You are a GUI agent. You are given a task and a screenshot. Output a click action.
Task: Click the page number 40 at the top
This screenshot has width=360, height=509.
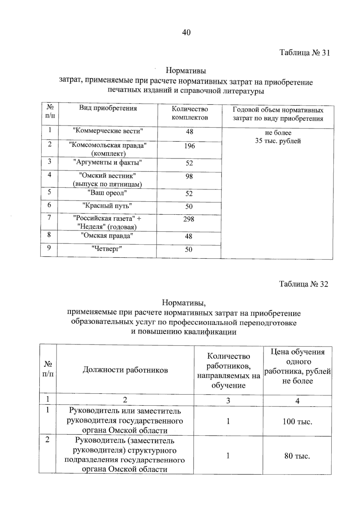(186, 32)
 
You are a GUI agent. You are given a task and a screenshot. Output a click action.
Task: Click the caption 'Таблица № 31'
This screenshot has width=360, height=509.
(304, 53)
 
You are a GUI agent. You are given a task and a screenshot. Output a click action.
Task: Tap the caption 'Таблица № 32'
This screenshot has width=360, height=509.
(303, 284)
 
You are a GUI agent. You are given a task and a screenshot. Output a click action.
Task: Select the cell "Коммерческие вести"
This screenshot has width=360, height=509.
(108, 131)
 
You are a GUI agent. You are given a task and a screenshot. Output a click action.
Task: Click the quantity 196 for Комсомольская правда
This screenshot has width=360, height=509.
(190, 146)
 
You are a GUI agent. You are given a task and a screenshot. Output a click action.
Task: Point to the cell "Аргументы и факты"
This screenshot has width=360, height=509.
(108, 163)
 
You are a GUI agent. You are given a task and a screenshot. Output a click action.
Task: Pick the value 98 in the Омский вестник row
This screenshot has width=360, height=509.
(189, 176)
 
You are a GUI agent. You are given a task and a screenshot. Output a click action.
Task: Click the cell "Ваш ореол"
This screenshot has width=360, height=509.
(107, 193)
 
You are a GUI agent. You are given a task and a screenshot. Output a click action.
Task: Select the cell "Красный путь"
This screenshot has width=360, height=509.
(107, 206)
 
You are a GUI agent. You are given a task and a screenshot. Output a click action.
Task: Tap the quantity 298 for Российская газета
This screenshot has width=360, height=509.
(189, 219)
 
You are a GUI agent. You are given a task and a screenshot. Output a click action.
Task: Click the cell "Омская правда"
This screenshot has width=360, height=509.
(107, 235)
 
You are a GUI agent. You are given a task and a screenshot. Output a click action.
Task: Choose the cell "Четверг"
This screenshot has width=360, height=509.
(107, 249)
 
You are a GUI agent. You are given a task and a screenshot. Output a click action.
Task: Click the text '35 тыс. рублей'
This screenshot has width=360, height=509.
(278, 141)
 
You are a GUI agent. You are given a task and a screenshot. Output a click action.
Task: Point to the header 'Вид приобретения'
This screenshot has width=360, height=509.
(108, 108)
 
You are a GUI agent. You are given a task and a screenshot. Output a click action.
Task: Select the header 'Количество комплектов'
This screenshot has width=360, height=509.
(190, 113)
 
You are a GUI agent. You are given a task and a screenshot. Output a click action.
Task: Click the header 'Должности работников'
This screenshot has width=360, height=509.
(125, 370)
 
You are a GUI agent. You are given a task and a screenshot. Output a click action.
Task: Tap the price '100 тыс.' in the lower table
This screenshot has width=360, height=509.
(297, 422)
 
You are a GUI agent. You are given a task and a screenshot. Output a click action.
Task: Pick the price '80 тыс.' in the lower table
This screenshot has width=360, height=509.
(297, 456)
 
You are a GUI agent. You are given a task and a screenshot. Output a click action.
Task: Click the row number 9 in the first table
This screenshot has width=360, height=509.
(49, 248)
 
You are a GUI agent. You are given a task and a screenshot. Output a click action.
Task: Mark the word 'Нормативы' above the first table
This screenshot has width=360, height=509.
(186, 71)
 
